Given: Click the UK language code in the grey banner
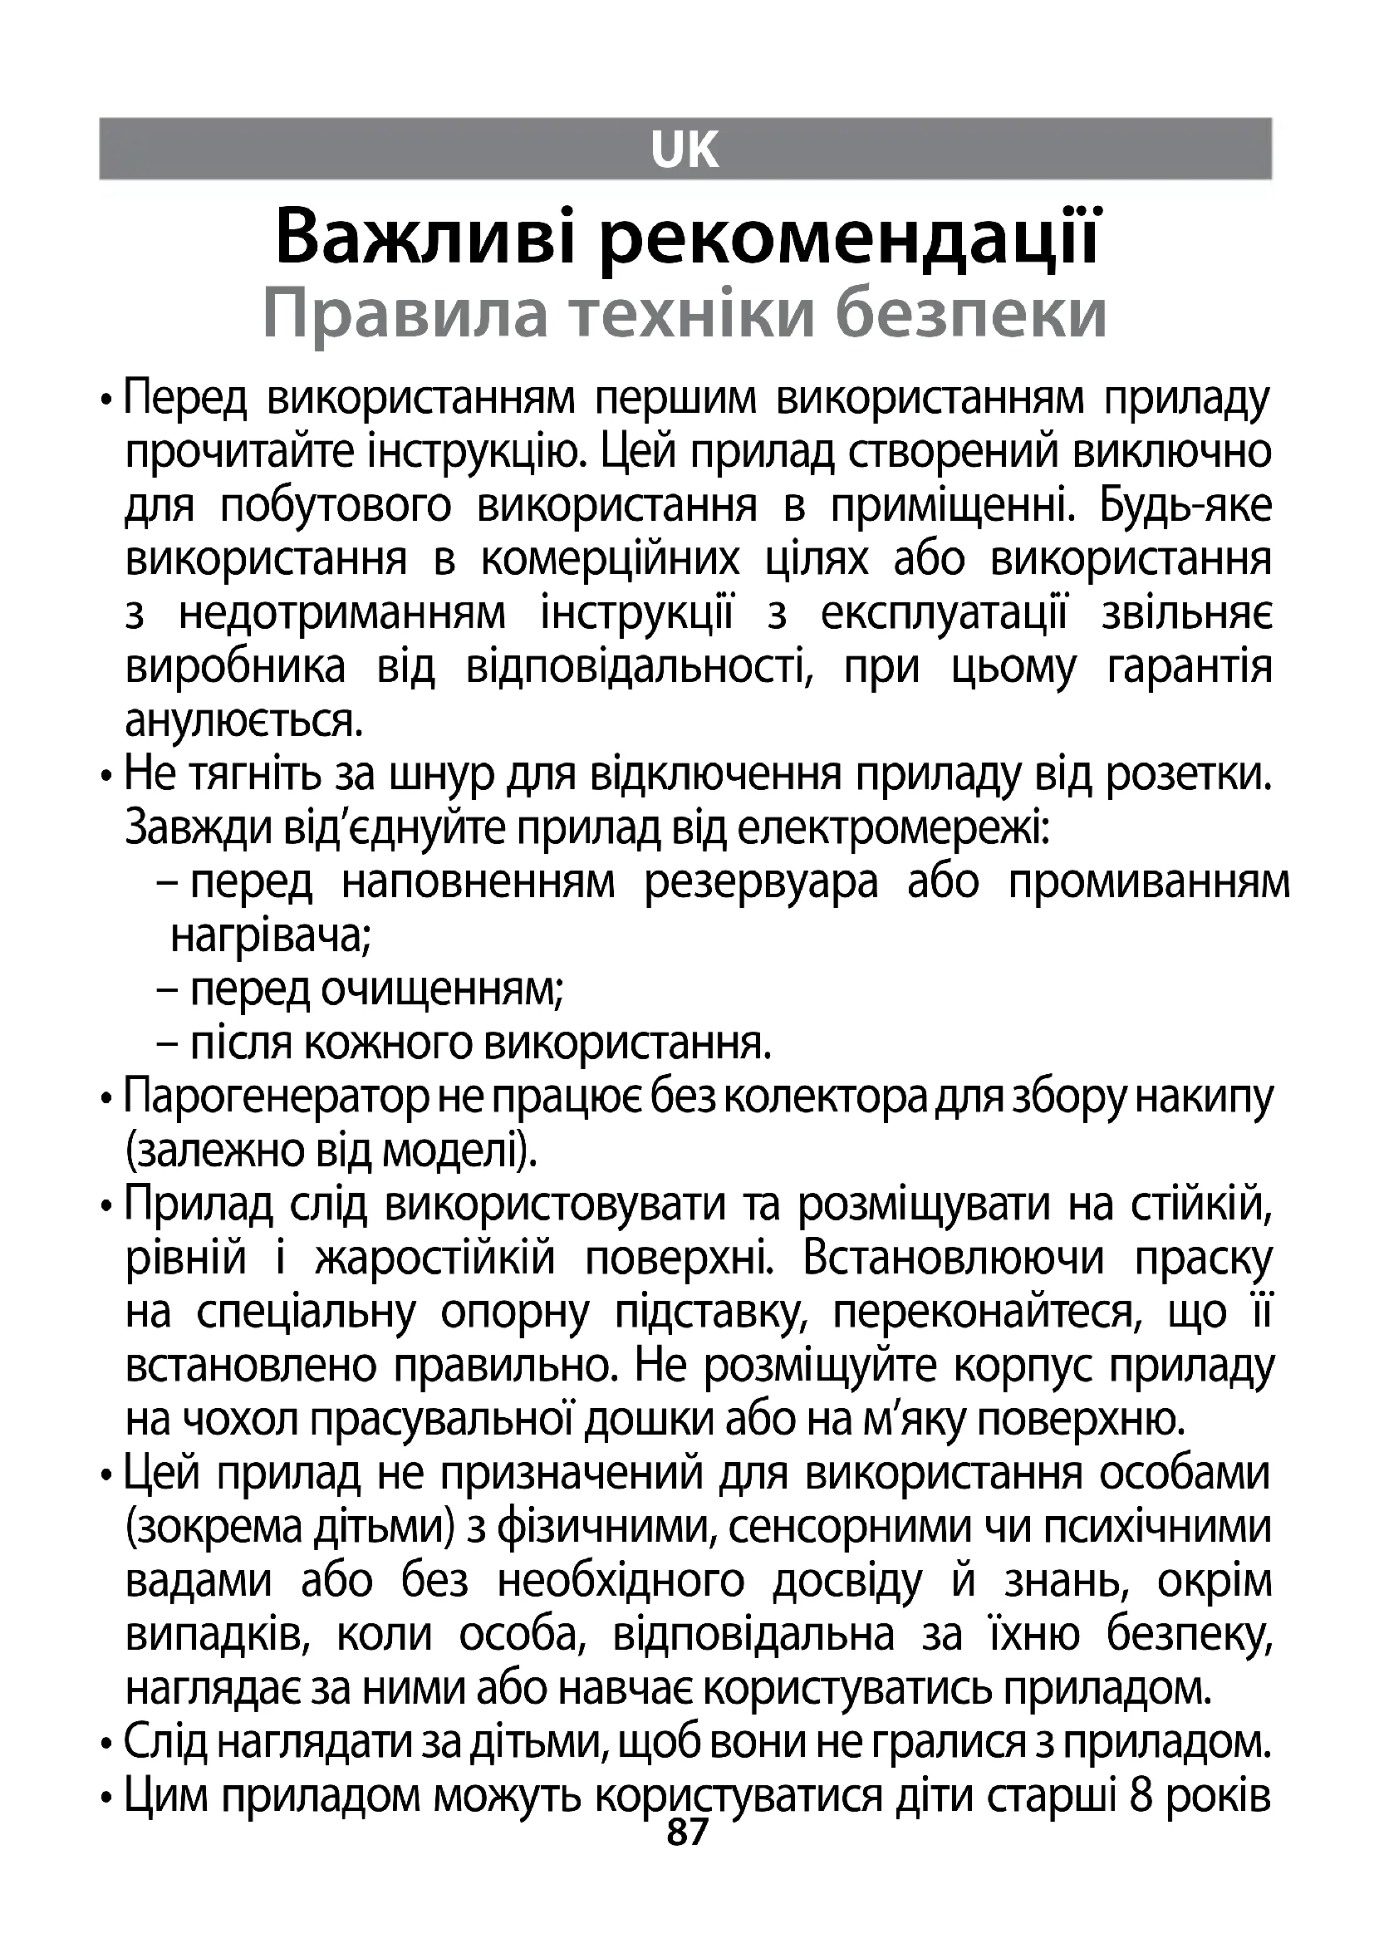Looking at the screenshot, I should (x=685, y=150).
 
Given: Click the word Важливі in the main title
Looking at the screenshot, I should (x=425, y=238).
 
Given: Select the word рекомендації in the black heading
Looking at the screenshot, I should (x=850, y=238).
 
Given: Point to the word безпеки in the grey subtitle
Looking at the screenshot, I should (x=970, y=315).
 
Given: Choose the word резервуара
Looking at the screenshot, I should (x=762, y=884).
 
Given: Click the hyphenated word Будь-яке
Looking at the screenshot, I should (x=1185, y=506).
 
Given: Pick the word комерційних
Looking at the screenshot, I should (x=610, y=560).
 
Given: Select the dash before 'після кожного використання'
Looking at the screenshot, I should (x=168, y=1044).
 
